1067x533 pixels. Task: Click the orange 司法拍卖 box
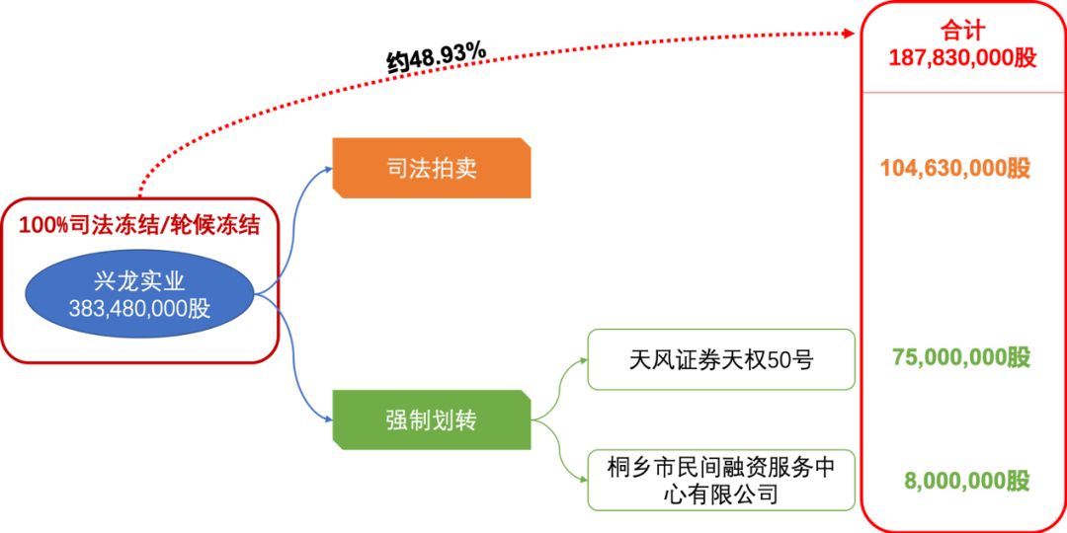431,168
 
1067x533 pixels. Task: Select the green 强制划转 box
431,420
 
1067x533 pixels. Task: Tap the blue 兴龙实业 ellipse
139,295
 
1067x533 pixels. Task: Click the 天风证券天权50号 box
721,359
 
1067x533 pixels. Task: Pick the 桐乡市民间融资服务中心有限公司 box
721,480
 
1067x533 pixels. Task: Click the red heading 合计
962,30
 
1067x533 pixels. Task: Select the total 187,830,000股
962,57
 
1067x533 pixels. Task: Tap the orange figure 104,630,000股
955,168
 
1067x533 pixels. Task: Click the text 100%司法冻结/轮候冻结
139,225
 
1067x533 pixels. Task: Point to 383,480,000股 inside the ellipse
139,309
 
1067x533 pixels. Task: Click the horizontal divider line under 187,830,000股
962,93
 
